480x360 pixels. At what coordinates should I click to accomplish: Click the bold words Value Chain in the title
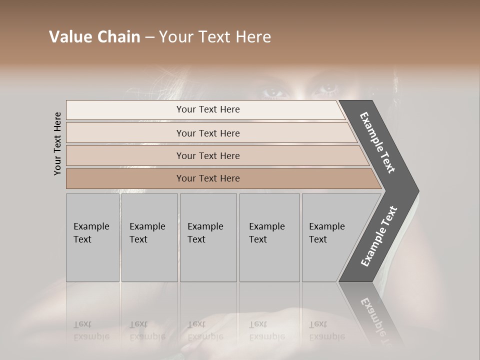point(94,37)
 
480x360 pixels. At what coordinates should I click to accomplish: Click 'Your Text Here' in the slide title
point(215,37)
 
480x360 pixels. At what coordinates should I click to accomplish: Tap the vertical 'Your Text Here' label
point(57,143)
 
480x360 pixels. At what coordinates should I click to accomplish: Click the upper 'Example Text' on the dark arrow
point(377,142)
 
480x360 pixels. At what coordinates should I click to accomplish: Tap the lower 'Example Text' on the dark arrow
point(378,236)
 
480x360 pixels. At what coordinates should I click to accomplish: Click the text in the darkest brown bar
point(208,178)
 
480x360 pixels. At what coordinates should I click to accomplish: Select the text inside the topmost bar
point(208,109)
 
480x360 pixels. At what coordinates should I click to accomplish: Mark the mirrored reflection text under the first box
point(91,330)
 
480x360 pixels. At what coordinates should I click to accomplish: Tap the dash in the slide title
point(149,37)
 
